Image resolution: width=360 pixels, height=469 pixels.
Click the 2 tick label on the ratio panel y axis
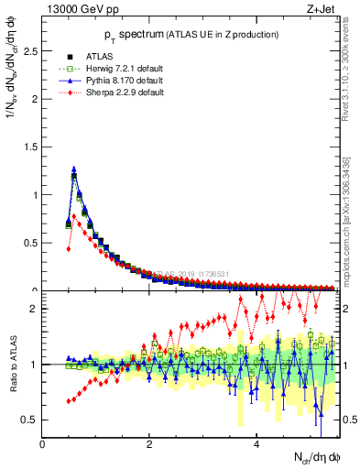coord(34,309)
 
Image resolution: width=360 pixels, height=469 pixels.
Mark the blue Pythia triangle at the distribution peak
coord(74,169)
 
